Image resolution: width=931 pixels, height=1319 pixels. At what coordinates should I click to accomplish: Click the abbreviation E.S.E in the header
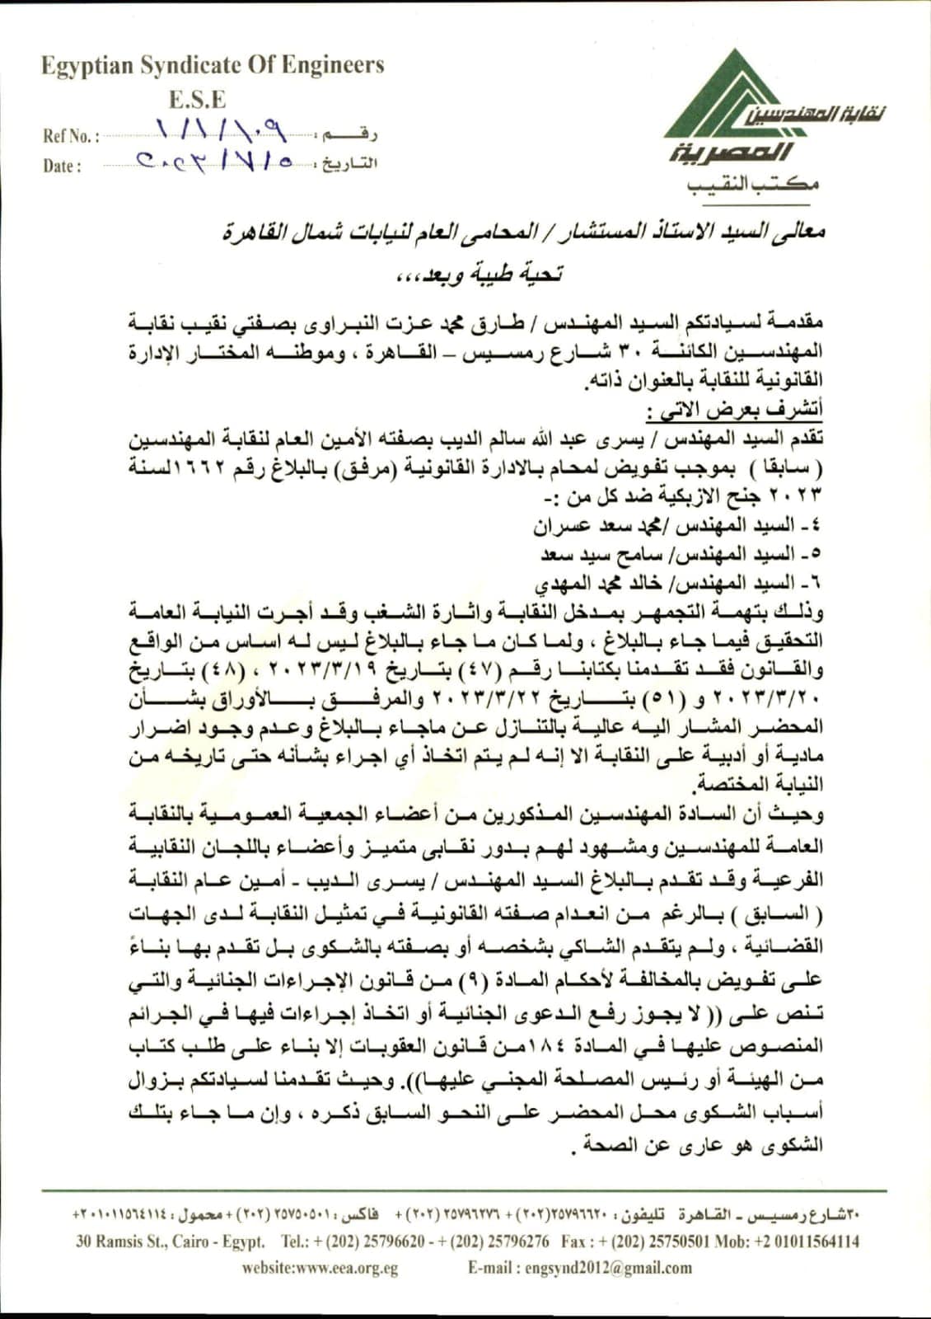[x=197, y=100]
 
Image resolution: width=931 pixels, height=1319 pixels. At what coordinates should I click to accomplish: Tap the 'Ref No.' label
[x=71, y=136]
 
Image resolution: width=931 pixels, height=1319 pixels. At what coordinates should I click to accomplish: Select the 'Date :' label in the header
[x=62, y=166]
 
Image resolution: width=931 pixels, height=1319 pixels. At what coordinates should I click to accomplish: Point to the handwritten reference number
[x=219, y=129]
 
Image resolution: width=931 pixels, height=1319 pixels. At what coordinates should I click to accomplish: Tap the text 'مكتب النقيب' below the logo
[x=753, y=185]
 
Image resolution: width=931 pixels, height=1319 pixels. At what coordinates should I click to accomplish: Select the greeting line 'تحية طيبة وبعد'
[x=480, y=275]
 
